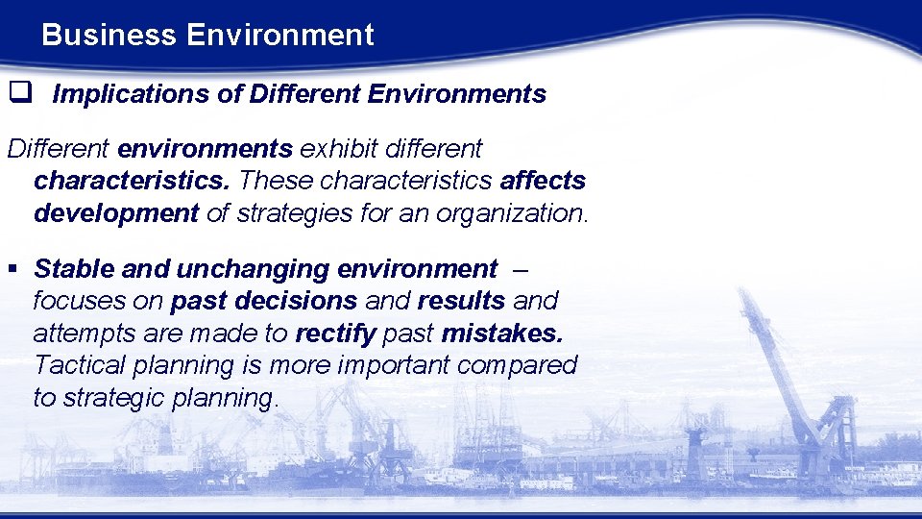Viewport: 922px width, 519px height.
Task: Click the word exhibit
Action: (x=338, y=149)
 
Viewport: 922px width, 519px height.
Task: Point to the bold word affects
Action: (x=543, y=181)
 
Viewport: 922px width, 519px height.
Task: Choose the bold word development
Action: (x=115, y=213)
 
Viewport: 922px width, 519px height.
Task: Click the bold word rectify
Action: (x=335, y=334)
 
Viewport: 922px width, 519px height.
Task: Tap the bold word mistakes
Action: (x=502, y=334)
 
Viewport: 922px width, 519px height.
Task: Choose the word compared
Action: (x=517, y=365)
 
